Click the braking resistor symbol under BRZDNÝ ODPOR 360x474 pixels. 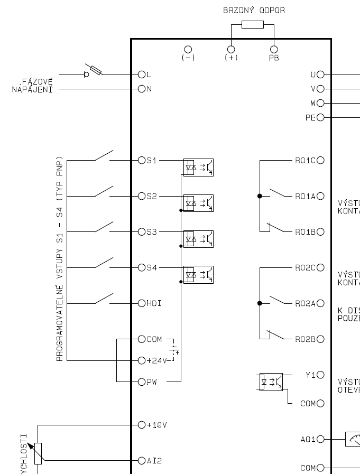point(252,24)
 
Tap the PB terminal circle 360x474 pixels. point(274,49)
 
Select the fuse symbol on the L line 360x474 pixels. point(96,69)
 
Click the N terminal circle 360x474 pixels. point(141,89)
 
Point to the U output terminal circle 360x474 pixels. point(320,75)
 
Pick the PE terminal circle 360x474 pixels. point(320,117)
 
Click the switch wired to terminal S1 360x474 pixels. point(104,155)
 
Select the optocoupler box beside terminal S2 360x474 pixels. point(198,203)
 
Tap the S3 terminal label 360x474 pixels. point(152,232)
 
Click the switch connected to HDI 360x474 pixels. point(104,299)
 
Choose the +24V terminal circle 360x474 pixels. point(141,360)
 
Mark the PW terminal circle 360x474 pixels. point(141,382)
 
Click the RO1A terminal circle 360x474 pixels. point(320,196)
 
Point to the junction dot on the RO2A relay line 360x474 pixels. point(259,303)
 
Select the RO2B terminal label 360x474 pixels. point(305,339)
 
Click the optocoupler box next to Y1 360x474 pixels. point(270,382)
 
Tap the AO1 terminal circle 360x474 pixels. point(320,439)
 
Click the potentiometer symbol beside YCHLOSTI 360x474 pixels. point(38,452)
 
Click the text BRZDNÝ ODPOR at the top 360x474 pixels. point(254,10)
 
